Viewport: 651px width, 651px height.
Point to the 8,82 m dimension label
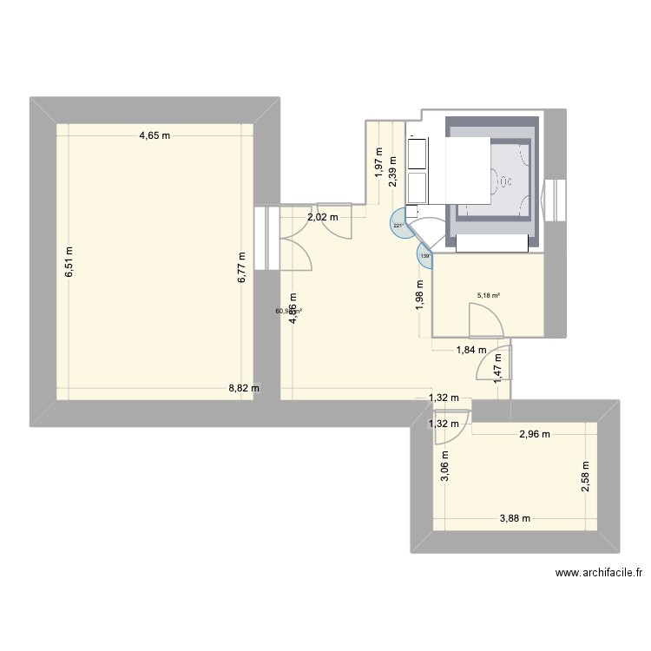coord(244,389)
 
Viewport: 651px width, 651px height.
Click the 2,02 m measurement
coord(322,217)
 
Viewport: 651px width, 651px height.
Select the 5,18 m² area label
coord(489,295)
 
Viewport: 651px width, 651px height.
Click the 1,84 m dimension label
coord(472,351)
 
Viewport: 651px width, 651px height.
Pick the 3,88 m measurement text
coord(516,518)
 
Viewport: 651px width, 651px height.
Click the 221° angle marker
coord(399,226)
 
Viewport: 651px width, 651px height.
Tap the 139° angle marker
coord(424,256)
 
